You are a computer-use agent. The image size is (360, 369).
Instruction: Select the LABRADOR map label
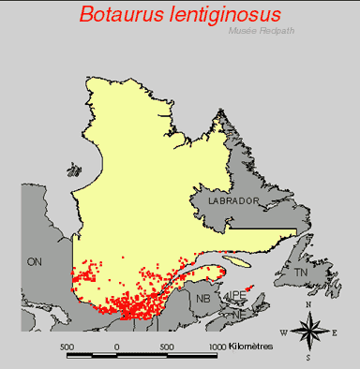[227, 201]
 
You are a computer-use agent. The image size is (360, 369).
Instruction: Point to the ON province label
[37, 261]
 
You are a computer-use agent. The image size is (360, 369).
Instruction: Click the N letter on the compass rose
[308, 306]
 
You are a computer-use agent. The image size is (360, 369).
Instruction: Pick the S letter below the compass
[307, 357]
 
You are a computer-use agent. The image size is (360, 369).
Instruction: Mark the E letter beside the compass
[335, 332]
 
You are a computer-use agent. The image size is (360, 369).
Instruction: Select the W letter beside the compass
[283, 332]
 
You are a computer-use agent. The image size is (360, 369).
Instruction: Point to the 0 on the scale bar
[117, 346]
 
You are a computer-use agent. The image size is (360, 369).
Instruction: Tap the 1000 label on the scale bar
[217, 346]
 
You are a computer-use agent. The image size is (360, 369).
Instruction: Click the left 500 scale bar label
[67, 346]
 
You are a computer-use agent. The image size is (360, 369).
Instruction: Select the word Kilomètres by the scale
[250, 346]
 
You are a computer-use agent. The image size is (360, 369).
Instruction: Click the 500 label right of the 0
[167, 346]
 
